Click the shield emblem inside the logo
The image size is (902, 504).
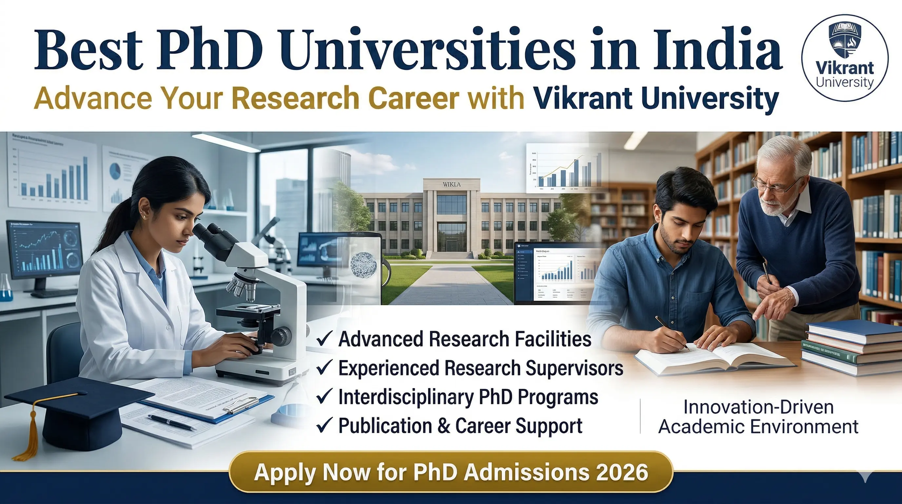click(x=844, y=40)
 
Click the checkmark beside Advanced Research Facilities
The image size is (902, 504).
click(x=324, y=340)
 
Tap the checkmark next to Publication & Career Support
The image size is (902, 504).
click(x=324, y=426)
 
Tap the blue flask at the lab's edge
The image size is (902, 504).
click(x=5, y=291)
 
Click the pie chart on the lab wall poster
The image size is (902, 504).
click(x=115, y=170)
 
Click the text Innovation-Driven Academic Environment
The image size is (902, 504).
click(x=758, y=417)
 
